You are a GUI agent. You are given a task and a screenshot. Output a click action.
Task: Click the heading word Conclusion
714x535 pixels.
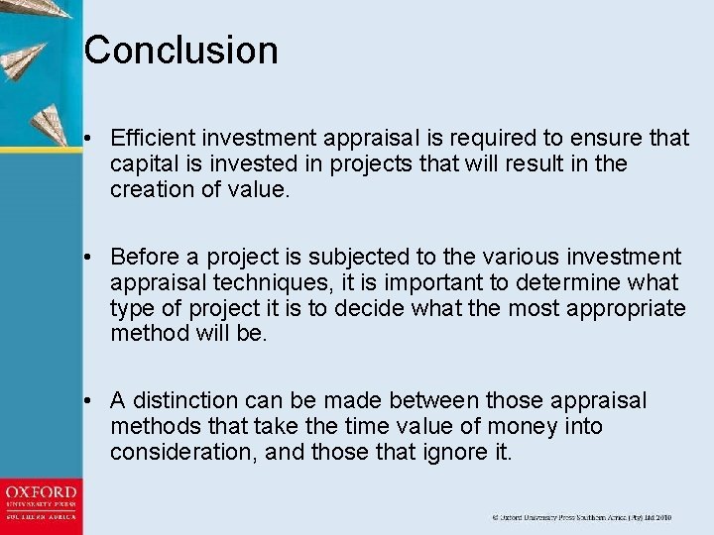pyautogui.click(x=180, y=51)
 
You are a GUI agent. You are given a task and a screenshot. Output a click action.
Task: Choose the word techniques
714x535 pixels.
pyautogui.click(x=252, y=282)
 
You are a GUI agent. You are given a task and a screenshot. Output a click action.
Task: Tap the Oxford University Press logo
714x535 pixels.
pyautogui.click(x=41, y=502)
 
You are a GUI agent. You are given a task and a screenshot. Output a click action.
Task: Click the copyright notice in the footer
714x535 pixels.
pyautogui.click(x=582, y=517)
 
